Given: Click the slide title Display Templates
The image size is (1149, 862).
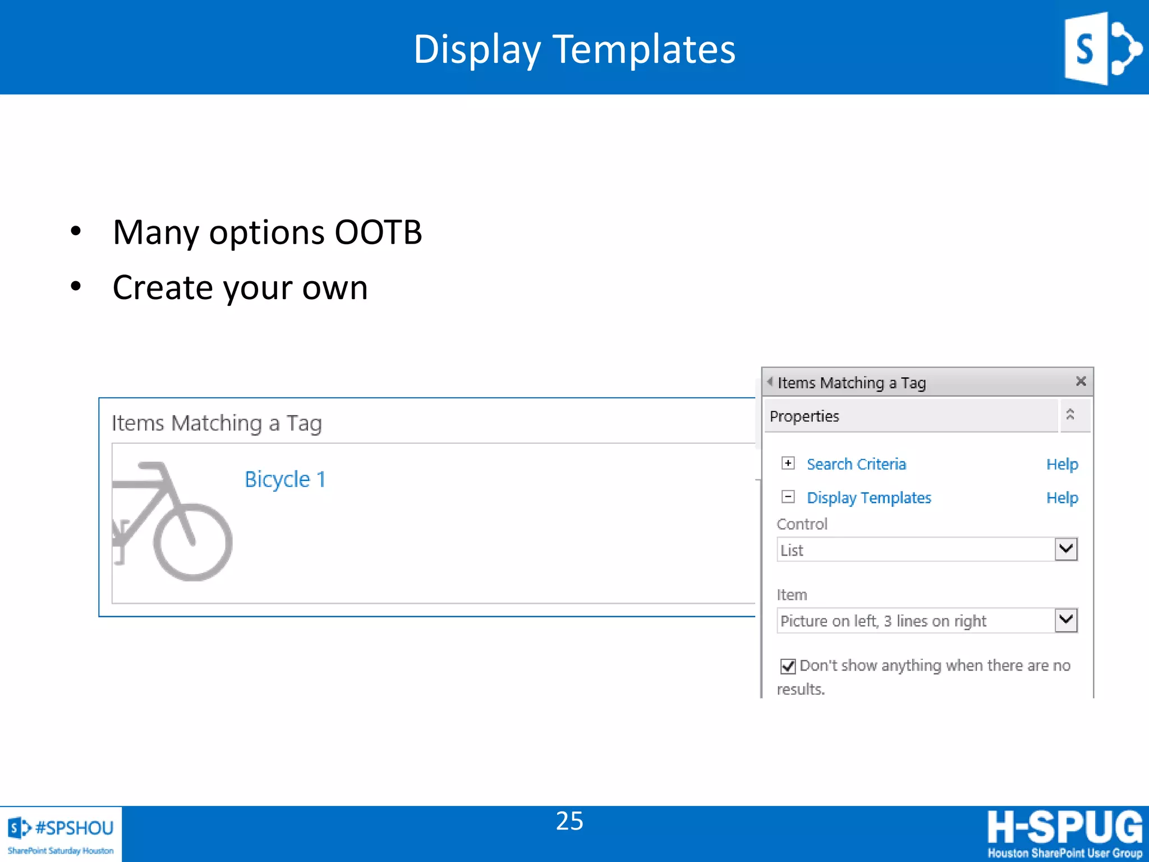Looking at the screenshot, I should pos(574,49).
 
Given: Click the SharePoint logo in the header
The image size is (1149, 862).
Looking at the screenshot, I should pos(1102,49).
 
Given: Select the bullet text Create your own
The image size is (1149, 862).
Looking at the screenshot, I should pos(240,288).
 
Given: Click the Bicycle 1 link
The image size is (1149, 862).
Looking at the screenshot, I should pos(285,480).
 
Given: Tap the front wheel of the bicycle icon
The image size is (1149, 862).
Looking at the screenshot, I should pos(192,542).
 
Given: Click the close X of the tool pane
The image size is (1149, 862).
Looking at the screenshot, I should pos(1081,382).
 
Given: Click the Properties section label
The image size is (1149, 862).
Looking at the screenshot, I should pos(805,416).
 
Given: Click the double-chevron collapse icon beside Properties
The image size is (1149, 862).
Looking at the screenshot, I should pos(1070,415).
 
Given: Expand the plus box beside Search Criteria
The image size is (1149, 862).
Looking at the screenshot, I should pos(788,464).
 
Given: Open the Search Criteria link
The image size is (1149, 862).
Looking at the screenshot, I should pos(856,465).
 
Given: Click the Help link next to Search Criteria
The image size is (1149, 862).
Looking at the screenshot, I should pos(1062,465).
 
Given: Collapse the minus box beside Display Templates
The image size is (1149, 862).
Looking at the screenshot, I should pos(788,497).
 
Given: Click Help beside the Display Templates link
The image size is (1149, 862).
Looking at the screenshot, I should pos(1062,498).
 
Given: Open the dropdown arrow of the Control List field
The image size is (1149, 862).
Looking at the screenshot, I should pos(1066,549).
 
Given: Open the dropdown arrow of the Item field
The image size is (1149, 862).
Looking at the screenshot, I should pos(1066,620).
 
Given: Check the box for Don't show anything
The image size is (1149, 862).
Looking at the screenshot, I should pos(788,666).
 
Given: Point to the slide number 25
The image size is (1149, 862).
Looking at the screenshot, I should pos(569,821).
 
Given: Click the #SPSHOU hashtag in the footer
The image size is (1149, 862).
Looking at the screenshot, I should pos(74,828).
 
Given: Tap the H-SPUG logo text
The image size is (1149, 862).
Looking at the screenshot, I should pos(1064,827).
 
